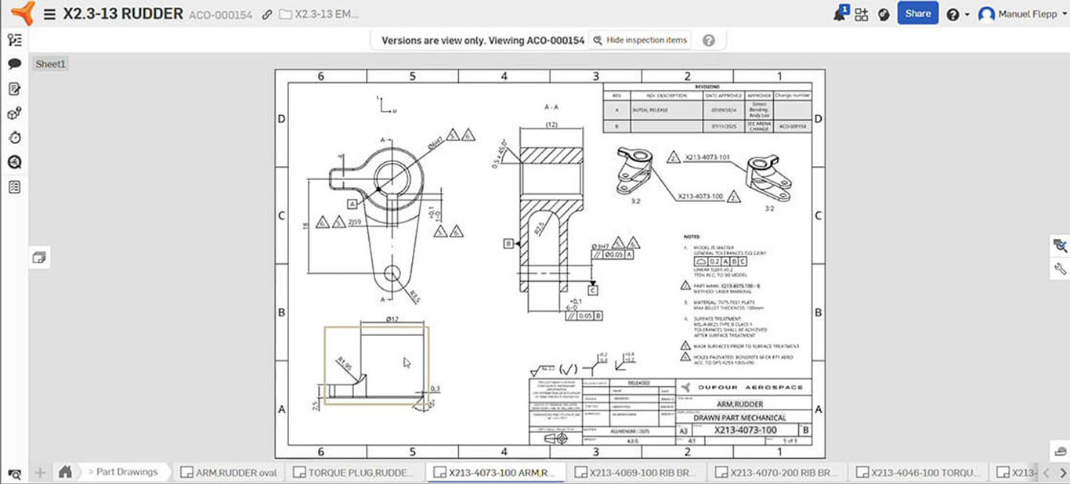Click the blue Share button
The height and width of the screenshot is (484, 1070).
pyautogui.click(x=917, y=13)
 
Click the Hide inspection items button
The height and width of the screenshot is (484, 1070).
pyautogui.click(x=641, y=40)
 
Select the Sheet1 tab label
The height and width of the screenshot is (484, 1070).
pyautogui.click(x=51, y=64)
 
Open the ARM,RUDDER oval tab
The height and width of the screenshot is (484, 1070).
pyautogui.click(x=229, y=472)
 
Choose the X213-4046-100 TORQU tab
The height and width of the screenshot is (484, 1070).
pyautogui.click(x=917, y=472)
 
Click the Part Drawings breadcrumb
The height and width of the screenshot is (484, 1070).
pyautogui.click(x=126, y=471)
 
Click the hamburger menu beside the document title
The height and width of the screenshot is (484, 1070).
pyautogui.click(x=49, y=14)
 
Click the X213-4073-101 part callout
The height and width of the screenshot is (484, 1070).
pyautogui.click(x=707, y=157)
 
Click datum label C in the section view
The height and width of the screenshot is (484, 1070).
pyautogui.click(x=592, y=291)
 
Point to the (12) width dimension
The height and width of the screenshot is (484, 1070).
pyautogui.click(x=551, y=125)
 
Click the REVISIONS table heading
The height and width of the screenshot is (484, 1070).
pyautogui.click(x=707, y=87)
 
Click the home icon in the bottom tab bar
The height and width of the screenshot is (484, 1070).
pyautogui.click(x=66, y=471)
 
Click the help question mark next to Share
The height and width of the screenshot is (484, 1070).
pyautogui.click(x=953, y=14)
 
